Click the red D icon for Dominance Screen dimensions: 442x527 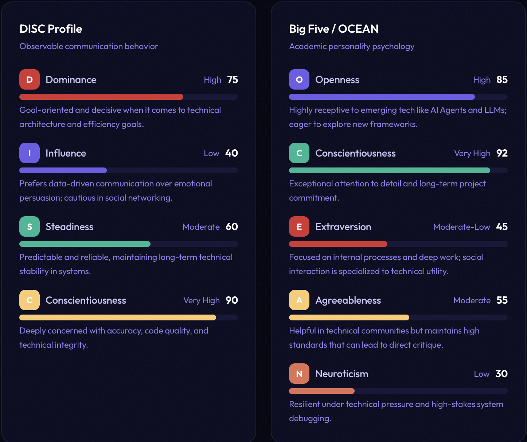(30, 79)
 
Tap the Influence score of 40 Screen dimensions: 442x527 (231, 153)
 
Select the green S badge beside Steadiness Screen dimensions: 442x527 (30, 226)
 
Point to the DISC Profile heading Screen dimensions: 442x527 (51, 29)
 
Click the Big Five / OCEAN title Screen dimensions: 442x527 (333, 29)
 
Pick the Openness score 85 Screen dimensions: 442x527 (502, 80)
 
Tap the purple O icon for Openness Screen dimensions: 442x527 (299, 79)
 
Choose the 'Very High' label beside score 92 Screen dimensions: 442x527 (472, 153)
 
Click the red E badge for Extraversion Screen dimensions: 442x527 (299, 226)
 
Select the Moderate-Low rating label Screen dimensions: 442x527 (461, 227)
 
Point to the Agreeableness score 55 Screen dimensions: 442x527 (502, 300)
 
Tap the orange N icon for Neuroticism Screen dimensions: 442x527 (299, 374)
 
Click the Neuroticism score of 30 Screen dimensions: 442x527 (501, 374)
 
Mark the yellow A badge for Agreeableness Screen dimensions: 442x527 (299, 300)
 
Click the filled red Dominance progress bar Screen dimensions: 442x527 (101, 97)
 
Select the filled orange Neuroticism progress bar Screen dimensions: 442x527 (321, 391)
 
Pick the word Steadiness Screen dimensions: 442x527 (69, 227)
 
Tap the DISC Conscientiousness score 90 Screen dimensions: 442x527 (232, 300)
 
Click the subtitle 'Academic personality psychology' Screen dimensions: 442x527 (352, 46)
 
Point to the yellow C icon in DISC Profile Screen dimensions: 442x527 (30, 300)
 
